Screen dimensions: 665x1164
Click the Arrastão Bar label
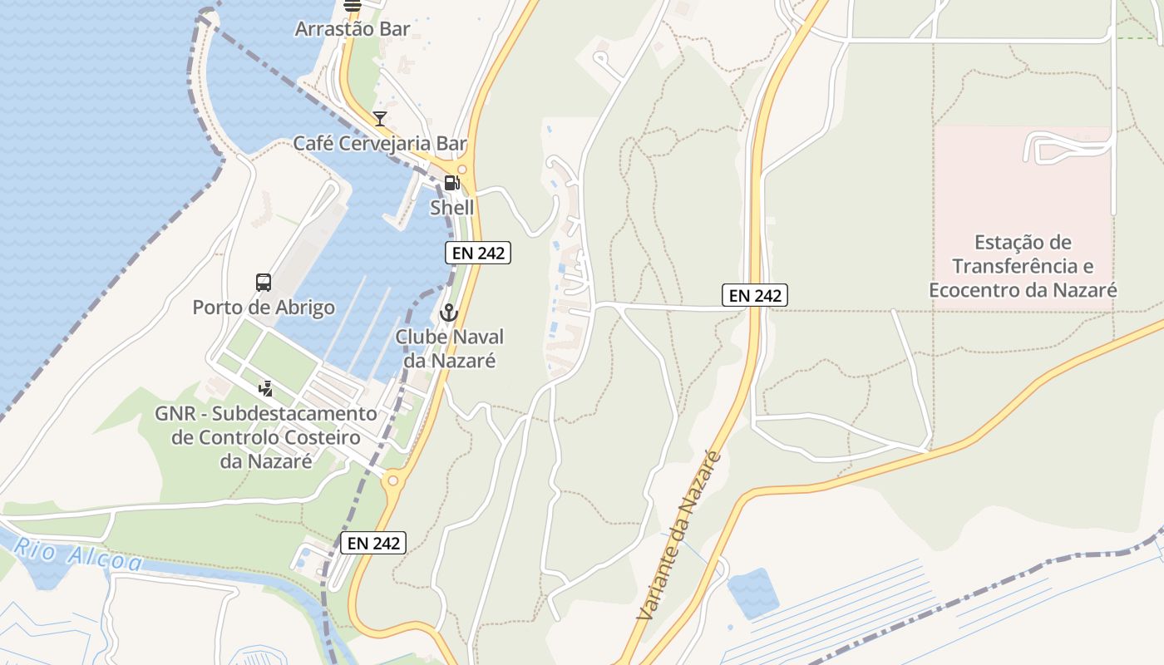[x=353, y=29]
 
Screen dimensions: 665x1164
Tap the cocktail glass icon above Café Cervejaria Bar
[x=380, y=119]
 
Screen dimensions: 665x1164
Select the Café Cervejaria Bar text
[x=380, y=144]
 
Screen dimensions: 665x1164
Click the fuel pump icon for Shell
[x=451, y=183]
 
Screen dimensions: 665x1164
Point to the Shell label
[x=451, y=207]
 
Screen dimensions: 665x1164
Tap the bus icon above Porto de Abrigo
[x=264, y=283]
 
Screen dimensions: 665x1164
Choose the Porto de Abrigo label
[x=264, y=308]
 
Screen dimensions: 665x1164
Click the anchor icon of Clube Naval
[x=449, y=313]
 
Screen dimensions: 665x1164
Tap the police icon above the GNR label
[x=266, y=387]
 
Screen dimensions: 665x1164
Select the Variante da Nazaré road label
[x=677, y=537]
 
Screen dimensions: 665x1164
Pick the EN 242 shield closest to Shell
[x=477, y=254]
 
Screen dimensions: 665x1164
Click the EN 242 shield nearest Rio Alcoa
[x=373, y=544]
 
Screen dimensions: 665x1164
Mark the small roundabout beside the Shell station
[x=461, y=169]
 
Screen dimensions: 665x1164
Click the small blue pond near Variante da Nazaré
[x=752, y=592]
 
